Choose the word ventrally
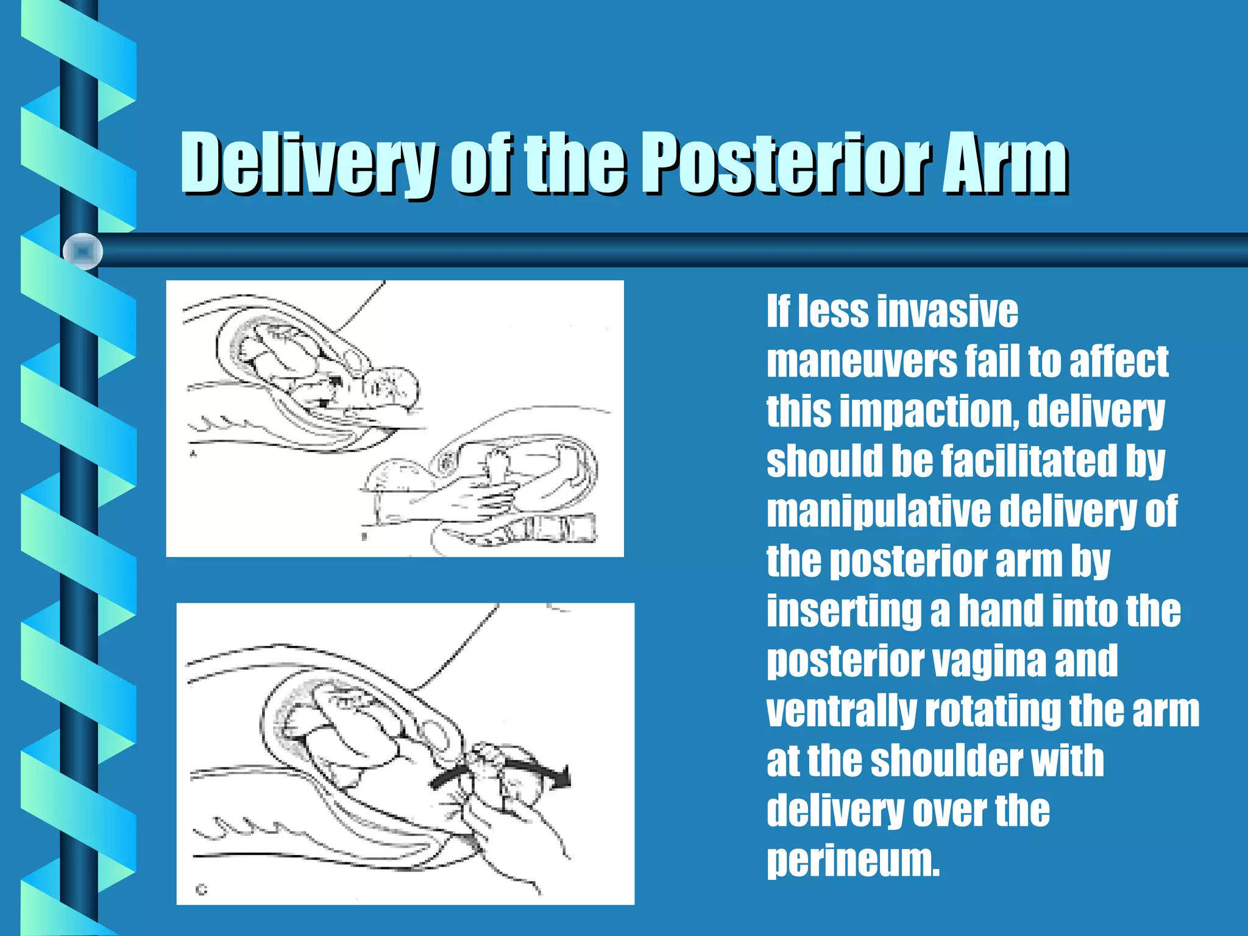pos(841,711)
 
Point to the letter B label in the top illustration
pos(364,537)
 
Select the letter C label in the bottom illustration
pos(202,890)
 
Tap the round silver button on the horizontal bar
pos(83,251)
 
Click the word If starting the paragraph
pos(778,312)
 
